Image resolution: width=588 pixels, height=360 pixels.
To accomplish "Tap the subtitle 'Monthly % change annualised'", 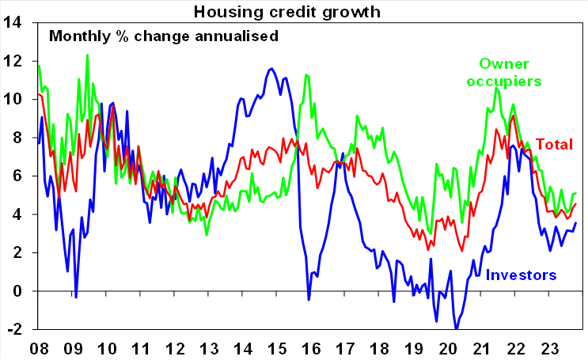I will click(x=163, y=36).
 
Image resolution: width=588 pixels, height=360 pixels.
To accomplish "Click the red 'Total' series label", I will click(x=555, y=144).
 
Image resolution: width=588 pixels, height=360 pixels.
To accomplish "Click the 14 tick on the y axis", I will click(x=13, y=22).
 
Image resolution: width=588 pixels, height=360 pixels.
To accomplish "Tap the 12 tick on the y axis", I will click(x=13, y=61).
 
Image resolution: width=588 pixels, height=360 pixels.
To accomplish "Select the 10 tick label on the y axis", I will click(x=13, y=100).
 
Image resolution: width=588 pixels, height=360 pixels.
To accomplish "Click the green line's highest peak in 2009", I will click(x=87, y=55).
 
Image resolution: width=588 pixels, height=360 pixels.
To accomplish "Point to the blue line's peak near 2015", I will click(x=271, y=68).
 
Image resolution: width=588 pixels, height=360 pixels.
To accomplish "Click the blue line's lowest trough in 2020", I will click(x=456, y=328).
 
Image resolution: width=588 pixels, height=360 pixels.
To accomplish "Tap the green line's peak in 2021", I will click(x=496, y=87).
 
